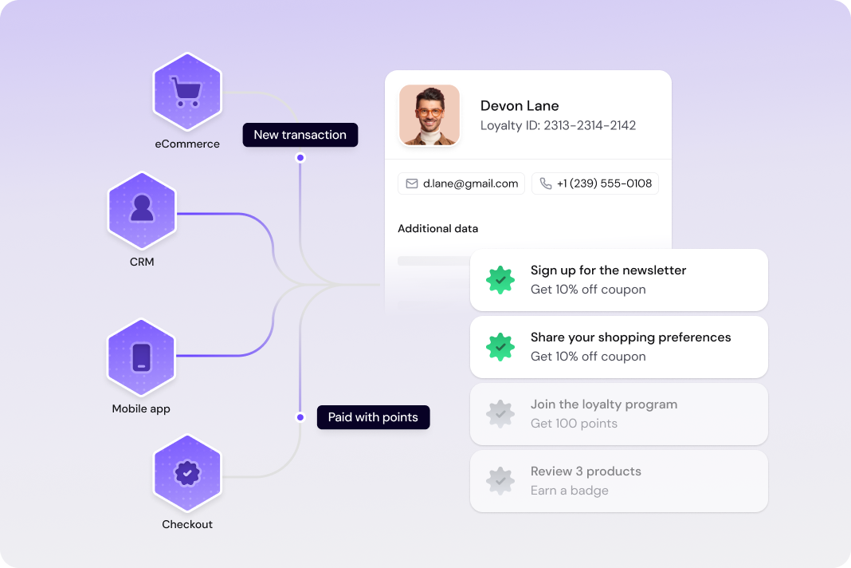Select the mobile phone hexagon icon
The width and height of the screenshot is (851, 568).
point(141,357)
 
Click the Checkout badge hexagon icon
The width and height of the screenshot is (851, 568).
point(187,473)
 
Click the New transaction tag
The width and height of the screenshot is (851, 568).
point(300,135)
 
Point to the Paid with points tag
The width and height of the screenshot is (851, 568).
point(373,417)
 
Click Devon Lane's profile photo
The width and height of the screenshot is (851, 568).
point(429,115)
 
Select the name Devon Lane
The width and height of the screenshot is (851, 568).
point(520,105)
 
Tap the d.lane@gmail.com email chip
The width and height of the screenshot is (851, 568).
point(461,183)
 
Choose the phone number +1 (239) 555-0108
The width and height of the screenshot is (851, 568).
point(595,183)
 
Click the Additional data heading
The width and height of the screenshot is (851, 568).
point(438,229)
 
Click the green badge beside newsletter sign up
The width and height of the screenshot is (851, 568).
point(500,280)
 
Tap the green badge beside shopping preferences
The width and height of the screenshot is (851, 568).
point(500,347)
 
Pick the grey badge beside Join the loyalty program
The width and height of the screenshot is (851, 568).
point(500,414)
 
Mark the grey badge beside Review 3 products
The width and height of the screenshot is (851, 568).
point(500,481)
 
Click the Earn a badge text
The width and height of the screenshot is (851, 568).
point(570,491)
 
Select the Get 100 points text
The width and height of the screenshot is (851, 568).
point(574,424)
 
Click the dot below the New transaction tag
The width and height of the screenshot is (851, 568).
point(300,158)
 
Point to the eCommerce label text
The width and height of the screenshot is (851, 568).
point(187,144)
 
